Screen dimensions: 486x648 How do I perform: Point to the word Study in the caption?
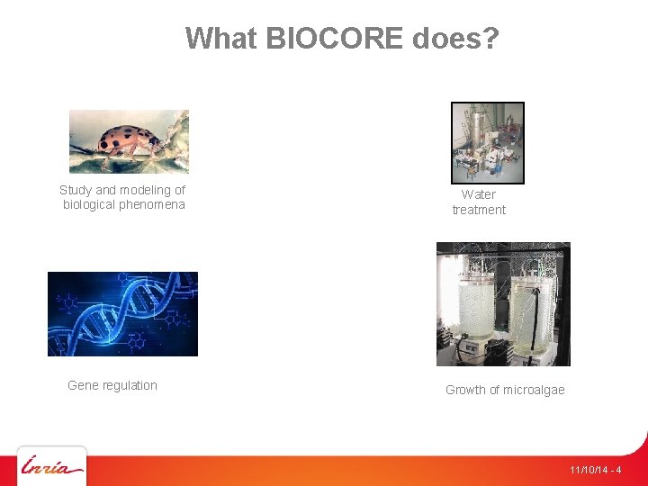tap(76, 190)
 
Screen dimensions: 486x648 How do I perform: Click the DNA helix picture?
tap(122, 313)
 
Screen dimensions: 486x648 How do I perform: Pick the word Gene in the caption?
tap(82, 385)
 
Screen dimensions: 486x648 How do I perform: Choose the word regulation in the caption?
tap(129, 385)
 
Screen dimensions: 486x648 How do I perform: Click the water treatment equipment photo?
tap(487, 143)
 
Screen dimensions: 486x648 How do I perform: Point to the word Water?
tap(479, 194)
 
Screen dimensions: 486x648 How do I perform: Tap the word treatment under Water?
tap(479, 210)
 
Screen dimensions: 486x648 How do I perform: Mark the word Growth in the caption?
tap(465, 390)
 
